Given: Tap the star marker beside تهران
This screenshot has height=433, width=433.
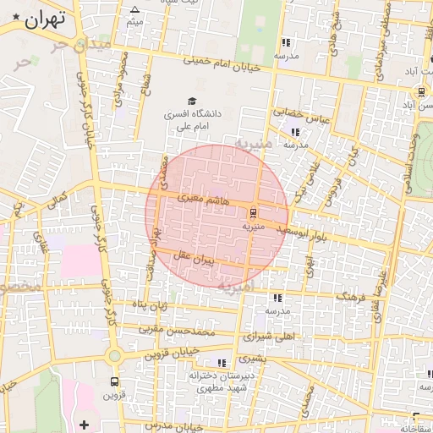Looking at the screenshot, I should pyautogui.click(x=16, y=18).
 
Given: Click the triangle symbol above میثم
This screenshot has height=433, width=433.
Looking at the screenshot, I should pyautogui.click(x=134, y=9).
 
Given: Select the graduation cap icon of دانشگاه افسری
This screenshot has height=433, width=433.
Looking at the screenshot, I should pyautogui.click(x=202, y=101).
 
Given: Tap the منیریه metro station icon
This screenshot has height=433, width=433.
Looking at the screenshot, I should pyautogui.click(x=254, y=213).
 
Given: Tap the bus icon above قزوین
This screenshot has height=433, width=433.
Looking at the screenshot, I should pyautogui.click(x=115, y=381).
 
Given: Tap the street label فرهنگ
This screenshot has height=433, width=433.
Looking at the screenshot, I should pyautogui.click(x=352, y=298).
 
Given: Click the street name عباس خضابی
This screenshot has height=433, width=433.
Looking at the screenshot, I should pyautogui.click(x=299, y=112).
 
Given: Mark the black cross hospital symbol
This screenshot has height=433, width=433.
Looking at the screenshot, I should pyautogui.click(x=83, y=423).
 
